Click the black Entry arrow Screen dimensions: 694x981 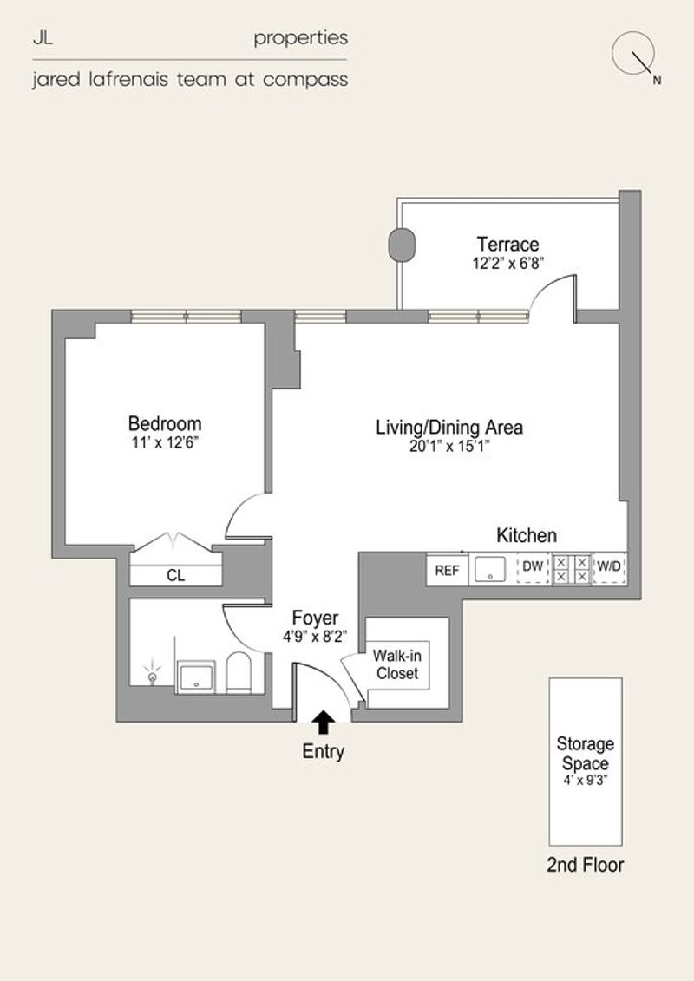(323, 722)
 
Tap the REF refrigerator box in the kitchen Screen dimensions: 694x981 (448, 570)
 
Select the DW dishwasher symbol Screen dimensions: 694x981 (533, 568)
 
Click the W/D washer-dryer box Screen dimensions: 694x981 (609, 568)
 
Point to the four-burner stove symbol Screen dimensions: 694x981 (572, 569)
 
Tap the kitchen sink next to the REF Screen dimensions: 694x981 (489, 570)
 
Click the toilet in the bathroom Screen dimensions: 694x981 (239, 672)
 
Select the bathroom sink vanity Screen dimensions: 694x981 (196, 677)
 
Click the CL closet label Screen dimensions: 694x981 (176, 576)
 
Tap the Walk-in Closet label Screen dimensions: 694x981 (396, 664)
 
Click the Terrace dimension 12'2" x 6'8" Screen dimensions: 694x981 (507, 263)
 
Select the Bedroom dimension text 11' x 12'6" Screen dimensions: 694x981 (165, 443)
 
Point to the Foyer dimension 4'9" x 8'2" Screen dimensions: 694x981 (315, 637)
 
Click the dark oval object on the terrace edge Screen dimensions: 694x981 (402, 245)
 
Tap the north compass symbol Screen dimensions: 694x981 (634, 55)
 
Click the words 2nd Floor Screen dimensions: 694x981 (585, 865)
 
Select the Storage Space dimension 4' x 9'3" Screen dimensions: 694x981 (585, 780)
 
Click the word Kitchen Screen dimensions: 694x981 (527, 535)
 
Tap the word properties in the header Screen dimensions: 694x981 (300, 39)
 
